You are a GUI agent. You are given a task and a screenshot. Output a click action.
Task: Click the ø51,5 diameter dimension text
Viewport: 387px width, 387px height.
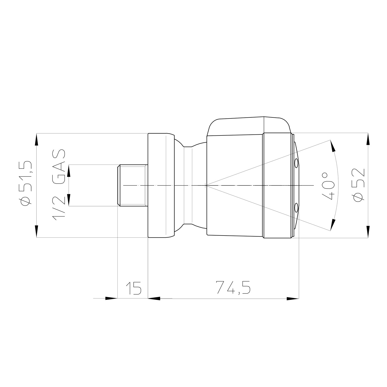coord(27,183)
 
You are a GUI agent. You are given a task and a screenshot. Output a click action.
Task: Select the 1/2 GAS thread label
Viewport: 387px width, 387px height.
coord(59,185)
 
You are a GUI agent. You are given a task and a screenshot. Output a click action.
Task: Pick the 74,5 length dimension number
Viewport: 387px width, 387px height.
coord(233,287)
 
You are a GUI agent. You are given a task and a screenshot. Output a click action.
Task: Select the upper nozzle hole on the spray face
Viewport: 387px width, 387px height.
coord(296,163)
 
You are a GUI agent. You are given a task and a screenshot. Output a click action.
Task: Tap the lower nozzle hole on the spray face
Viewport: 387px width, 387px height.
coord(296,207)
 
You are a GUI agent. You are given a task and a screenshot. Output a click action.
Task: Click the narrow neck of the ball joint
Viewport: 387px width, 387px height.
coord(188,185)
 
